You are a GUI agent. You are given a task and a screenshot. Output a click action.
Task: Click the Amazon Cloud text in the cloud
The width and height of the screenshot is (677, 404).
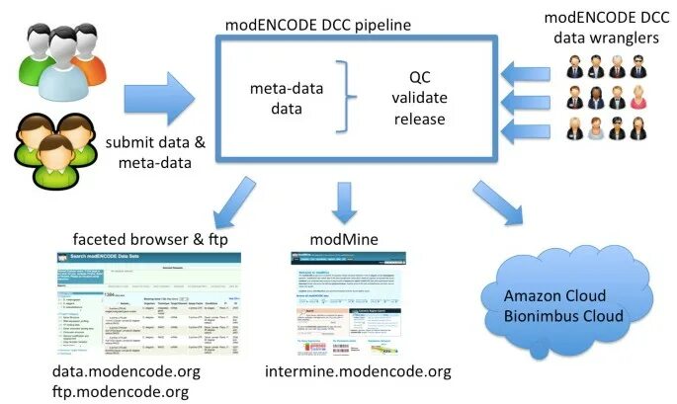coord(550,296)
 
